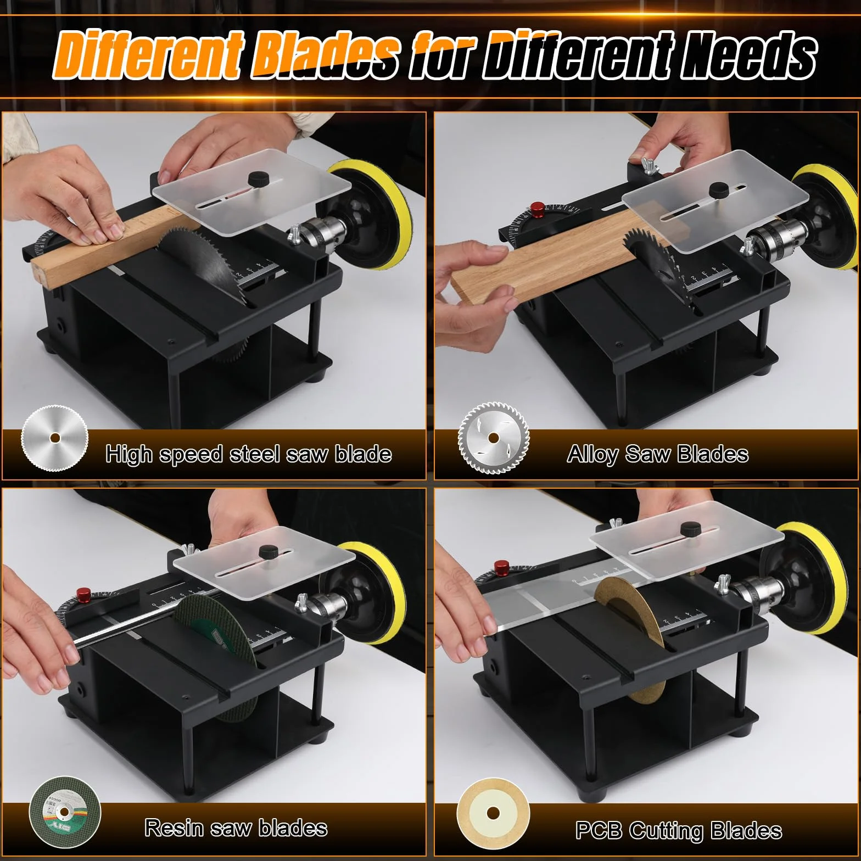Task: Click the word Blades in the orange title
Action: pyautogui.click(x=326, y=55)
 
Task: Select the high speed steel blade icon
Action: pyautogui.click(x=54, y=438)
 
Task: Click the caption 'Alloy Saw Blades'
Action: pyautogui.click(x=657, y=454)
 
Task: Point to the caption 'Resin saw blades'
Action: pyautogui.click(x=236, y=828)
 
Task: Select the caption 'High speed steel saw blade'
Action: pyautogui.click(x=249, y=455)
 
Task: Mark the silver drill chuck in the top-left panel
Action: pyautogui.click(x=320, y=231)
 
